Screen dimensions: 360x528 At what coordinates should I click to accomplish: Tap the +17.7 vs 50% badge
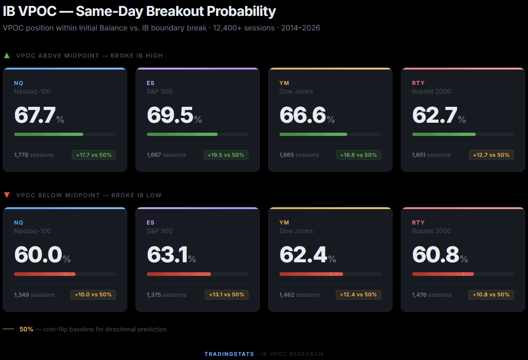pos(94,155)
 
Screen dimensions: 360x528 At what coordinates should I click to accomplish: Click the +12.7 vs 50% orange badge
pos(491,155)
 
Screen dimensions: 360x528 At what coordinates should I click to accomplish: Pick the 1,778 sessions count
pos(34,155)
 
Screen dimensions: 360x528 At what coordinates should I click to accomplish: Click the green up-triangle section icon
pos(7,56)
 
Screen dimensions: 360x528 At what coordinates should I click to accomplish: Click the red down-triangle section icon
pos(7,195)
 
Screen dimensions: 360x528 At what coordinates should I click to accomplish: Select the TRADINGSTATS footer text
pos(229,354)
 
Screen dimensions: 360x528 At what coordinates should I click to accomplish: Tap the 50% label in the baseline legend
pos(26,329)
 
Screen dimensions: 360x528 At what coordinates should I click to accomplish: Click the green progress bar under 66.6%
pos(313,135)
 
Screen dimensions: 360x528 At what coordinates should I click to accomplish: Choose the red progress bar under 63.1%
pos(179,274)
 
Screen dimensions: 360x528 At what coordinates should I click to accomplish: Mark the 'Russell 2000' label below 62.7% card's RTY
pos(431,91)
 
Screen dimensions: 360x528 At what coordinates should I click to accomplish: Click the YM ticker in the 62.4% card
pos(284,223)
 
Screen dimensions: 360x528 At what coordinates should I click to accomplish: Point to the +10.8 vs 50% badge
pos(491,295)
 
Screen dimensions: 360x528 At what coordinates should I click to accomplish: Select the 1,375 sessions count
pos(166,295)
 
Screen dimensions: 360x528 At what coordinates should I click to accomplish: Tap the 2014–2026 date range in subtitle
pos(300,28)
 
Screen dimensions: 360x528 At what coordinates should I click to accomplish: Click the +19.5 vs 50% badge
pos(226,155)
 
